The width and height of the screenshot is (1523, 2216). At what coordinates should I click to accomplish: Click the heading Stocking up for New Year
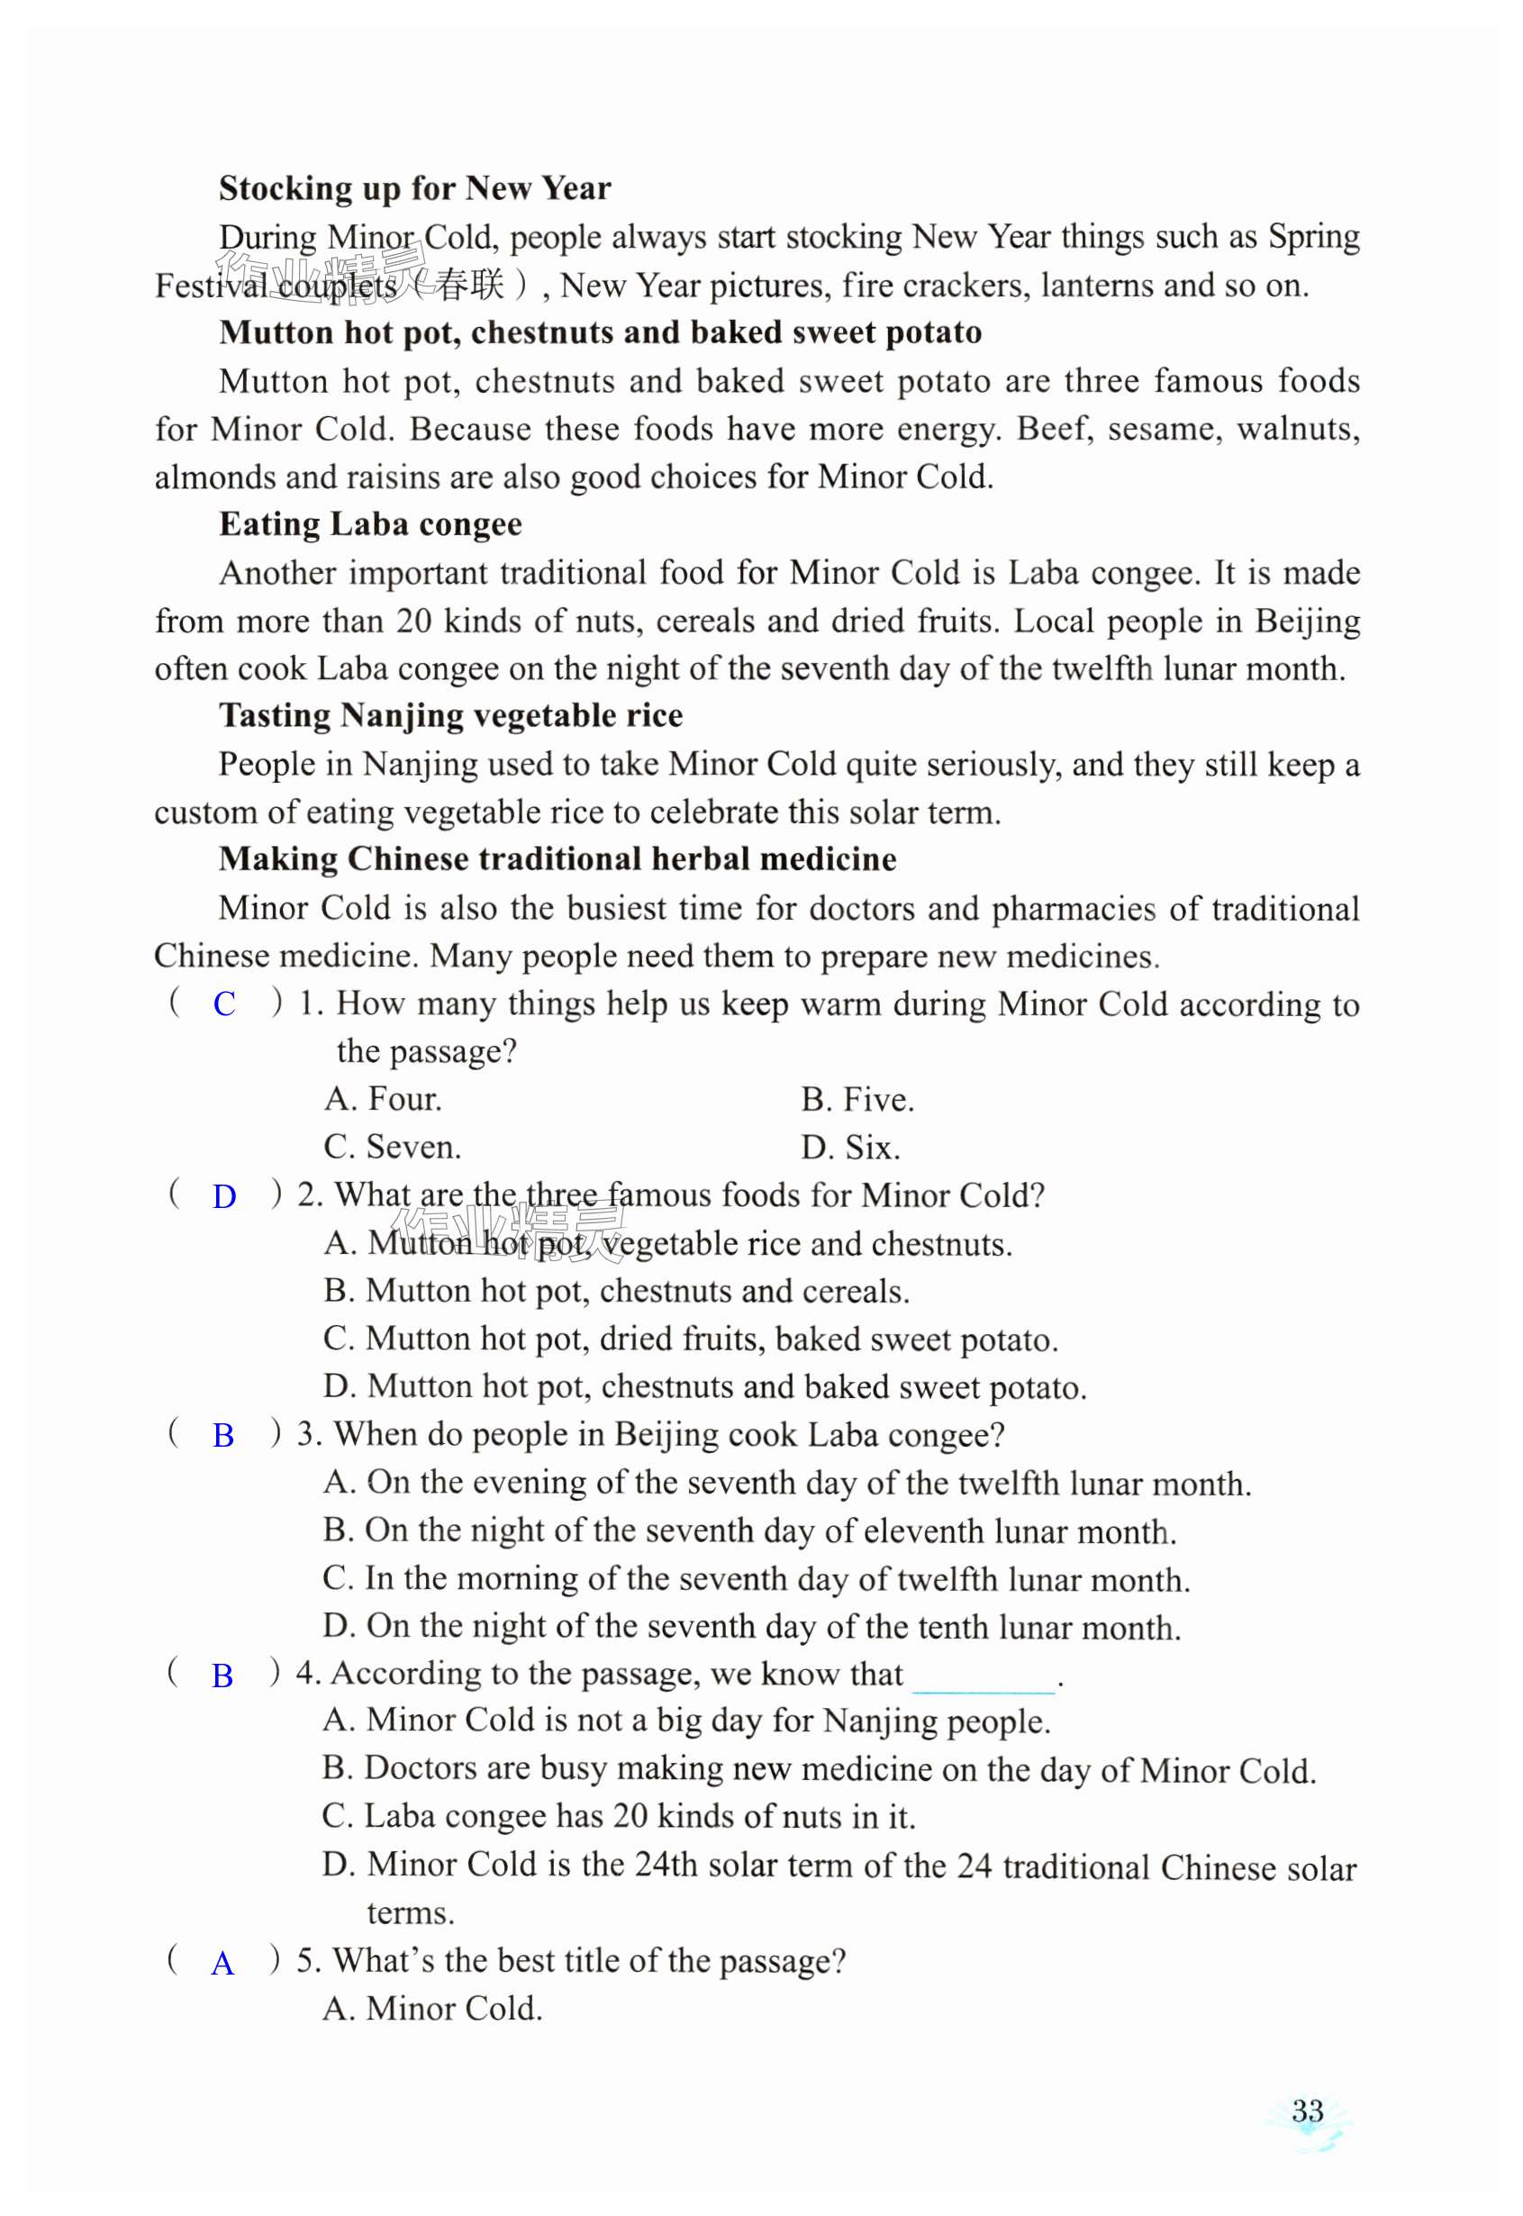coord(414,188)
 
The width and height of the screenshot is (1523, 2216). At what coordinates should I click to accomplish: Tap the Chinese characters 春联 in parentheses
coord(469,285)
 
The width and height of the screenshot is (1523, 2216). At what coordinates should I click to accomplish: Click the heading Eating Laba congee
coord(370,524)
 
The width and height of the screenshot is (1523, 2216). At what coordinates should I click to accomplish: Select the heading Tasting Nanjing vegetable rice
coord(450,715)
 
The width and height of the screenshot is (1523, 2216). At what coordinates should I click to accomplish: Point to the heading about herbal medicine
coord(558,858)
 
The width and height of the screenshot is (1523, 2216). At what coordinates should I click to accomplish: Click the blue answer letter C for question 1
coord(224,1004)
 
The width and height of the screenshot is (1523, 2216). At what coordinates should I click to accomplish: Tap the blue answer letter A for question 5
coord(222,1963)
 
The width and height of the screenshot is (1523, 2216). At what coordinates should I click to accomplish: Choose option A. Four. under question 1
coord(383,1099)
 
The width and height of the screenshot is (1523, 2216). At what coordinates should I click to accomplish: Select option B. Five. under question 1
coord(857,1099)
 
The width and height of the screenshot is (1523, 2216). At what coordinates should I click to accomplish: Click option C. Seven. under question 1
coord(392,1147)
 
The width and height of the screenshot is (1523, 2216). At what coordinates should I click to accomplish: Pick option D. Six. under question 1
coord(850,1147)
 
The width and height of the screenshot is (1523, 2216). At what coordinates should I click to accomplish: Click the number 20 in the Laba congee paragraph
coord(414,622)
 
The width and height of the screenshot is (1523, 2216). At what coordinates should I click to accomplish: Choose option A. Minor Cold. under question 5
coord(432,2009)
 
